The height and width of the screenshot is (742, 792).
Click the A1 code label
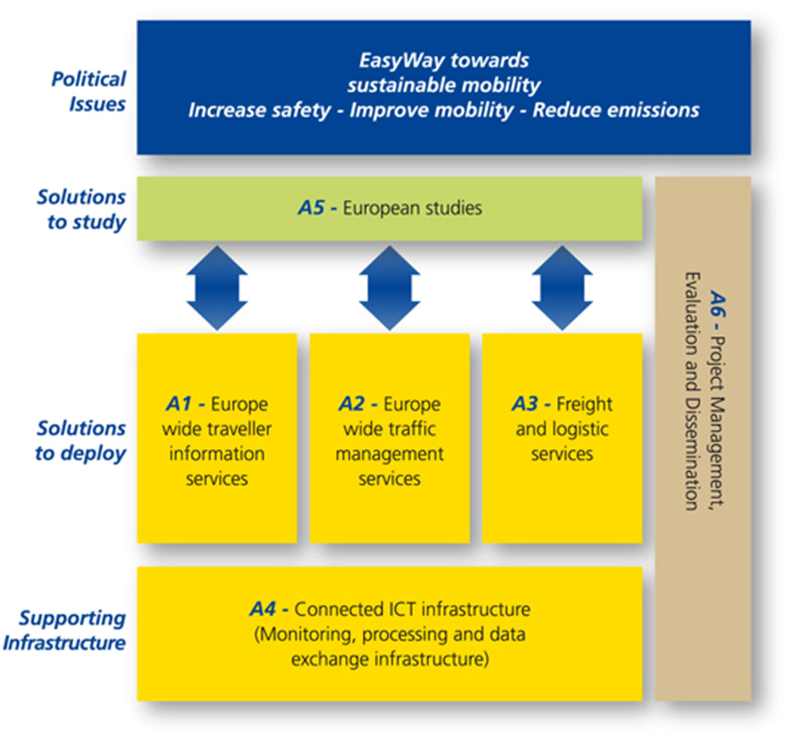pos(178,404)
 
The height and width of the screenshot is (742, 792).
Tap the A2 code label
pos(351,404)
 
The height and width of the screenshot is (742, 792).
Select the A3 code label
pos(525,404)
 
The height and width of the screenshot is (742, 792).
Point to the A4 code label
pos(263,609)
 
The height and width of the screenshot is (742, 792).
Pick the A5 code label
pos(311,208)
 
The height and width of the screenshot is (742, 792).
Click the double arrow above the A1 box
pos(217,288)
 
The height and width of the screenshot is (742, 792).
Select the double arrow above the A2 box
pos(390,288)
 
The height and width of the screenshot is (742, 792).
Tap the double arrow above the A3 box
pos(562,288)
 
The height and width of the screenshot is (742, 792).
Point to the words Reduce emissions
pos(616,110)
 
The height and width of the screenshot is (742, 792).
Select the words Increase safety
pos(259,111)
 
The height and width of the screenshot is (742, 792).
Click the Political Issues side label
pos(88,91)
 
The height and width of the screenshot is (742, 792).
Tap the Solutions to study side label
pos(81,209)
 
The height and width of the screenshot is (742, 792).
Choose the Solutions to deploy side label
pos(80,441)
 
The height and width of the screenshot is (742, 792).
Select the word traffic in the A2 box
pos(411,429)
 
